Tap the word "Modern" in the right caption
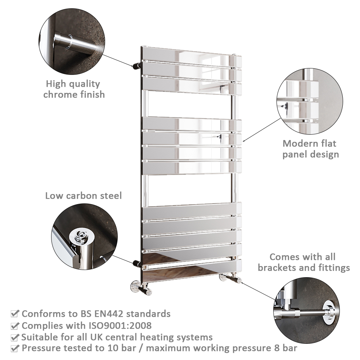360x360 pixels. [x=298, y=144]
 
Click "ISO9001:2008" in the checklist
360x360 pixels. [x=120, y=325]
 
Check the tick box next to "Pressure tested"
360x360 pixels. [x=14, y=348]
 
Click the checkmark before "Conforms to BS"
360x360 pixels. [x=14, y=314]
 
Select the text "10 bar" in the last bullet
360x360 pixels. [x=122, y=348]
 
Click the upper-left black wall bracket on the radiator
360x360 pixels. [x=137, y=66]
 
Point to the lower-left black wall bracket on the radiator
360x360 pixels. [x=138, y=264]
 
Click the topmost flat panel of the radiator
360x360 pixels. [x=191, y=56]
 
